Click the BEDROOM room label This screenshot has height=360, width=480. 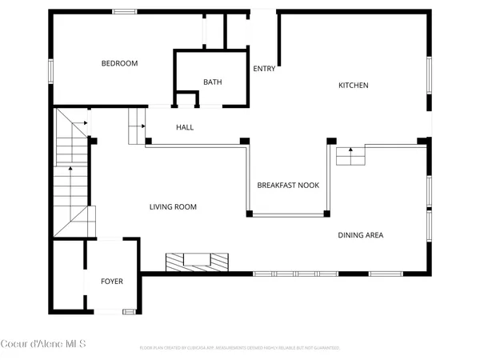[x=119, y=63]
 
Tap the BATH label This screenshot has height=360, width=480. [x=212, y=82]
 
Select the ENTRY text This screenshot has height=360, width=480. [x=264, y=69]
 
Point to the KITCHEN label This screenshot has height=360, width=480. [x=353, y=85]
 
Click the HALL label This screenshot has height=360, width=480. [x=185, y=127]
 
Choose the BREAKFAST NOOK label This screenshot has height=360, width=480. [x=288, y=185]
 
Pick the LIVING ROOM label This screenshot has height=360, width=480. [x=173, y=207]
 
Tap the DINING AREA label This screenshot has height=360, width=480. [x=360, y=235]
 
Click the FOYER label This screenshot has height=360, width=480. [x=111, y=282]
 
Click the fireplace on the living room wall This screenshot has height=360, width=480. [x=197, y=261]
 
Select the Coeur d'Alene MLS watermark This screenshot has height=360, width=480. [x=43, y=344]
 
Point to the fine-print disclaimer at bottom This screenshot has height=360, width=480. [x=240, y=348]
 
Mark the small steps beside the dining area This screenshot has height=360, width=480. [x=350, y=156]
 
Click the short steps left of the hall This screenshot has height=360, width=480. [x=136, y=119]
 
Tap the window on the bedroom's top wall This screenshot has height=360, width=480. [x=124, y=11]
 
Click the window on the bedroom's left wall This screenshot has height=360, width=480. [x=51, y=71]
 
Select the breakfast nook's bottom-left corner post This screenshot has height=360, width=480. [x=249, y=214]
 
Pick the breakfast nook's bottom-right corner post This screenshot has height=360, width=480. [x=326, y=214]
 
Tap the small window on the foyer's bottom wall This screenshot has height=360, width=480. [x=128, y=310]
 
